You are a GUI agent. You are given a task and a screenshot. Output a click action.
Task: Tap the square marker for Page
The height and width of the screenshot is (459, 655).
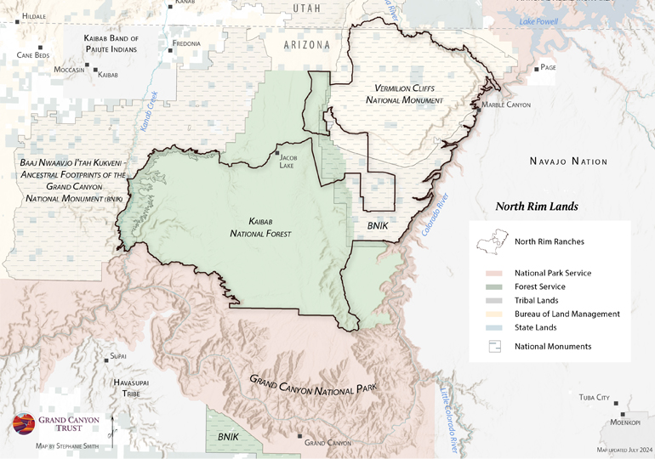tap(536, 68)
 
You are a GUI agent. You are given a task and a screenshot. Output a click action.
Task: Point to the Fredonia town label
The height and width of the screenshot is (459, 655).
tap(186, 43)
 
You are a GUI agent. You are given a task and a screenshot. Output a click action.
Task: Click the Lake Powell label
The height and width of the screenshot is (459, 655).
tap(538, 21)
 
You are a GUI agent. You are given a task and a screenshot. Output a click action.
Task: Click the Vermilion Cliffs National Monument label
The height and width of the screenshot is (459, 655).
tap(404, 94)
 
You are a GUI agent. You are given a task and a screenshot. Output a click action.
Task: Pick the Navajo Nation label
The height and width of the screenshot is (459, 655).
tap(568, 161)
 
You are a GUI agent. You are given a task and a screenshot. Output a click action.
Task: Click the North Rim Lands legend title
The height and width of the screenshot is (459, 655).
tap(537, 207)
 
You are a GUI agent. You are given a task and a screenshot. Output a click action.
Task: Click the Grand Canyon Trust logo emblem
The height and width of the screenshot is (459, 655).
tap(21, 425)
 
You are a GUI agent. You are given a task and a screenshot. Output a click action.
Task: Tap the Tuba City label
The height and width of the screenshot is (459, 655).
tap(595, 397)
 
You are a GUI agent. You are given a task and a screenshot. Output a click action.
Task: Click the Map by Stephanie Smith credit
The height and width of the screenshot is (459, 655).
tap(68, 445)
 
